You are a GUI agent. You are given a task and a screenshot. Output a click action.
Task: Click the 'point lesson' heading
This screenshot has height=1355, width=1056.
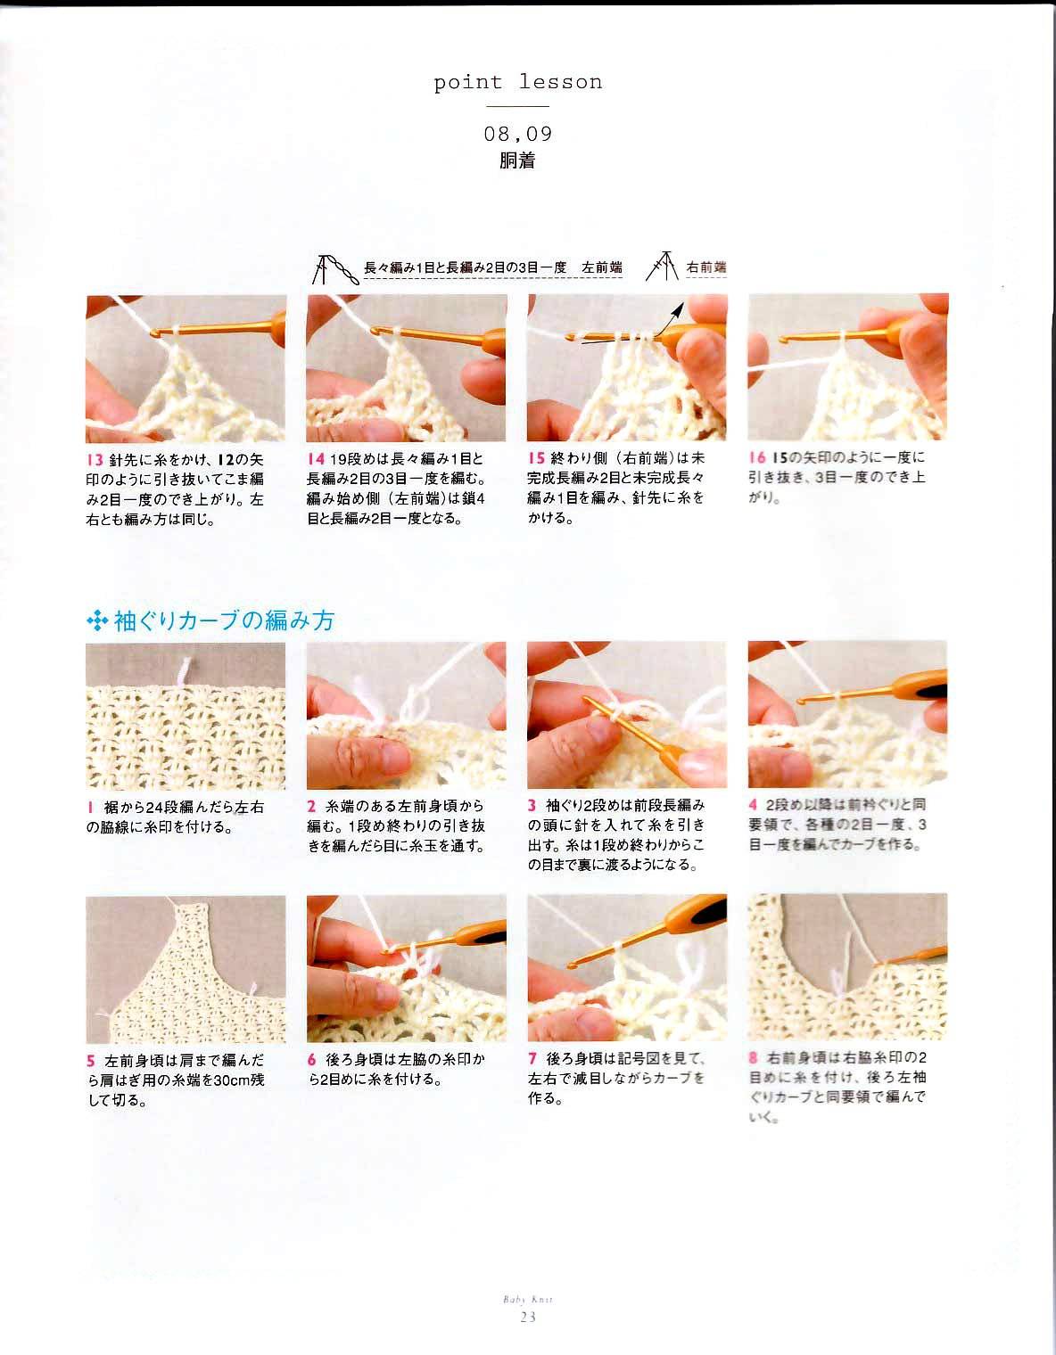click(517, 82)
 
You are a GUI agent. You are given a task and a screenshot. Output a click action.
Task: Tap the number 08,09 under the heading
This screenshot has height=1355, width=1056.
click(518, 134)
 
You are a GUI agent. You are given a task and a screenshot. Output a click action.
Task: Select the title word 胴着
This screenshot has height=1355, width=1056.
click(517, 160)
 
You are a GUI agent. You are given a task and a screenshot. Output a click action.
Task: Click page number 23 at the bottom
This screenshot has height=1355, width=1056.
click(528, 1317)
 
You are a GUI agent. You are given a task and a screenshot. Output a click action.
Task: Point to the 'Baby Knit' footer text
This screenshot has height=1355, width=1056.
click(528, 1300)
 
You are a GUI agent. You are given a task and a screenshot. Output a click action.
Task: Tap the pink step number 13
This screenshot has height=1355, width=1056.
click(95, 460)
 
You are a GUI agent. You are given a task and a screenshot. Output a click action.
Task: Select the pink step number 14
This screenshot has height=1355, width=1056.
click(316, 459)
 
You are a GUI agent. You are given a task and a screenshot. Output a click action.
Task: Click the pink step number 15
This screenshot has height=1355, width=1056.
click(536, 458)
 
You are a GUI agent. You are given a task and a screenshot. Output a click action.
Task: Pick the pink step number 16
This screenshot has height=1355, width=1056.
click(757, 457)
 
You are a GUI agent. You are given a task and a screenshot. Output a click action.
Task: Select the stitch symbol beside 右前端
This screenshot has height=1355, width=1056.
click(662, 267)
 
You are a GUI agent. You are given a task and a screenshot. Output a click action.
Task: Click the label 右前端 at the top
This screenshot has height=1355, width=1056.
click(706, 267)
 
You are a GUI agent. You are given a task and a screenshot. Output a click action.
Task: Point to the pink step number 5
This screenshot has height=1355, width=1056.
click(91, 1061)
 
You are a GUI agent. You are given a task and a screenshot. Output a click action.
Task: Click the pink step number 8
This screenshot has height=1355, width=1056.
click(754, 1057)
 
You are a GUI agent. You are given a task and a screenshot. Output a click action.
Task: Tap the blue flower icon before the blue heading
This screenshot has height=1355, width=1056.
click(98, 621)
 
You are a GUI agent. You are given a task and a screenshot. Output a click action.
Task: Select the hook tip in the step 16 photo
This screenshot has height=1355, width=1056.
click(783, 340)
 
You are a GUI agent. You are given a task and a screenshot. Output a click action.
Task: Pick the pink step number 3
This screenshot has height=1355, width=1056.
click(532, 805)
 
